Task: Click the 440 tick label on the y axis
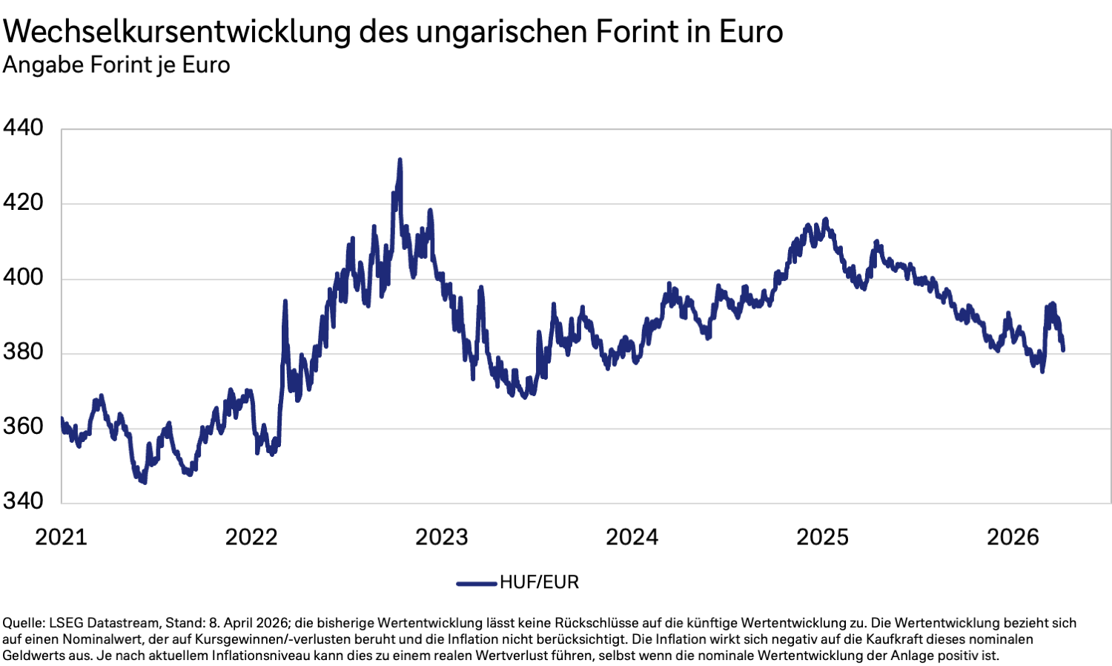point(23,128)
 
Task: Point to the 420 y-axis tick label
point(23,202)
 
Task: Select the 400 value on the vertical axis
point(23,277)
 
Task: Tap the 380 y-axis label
point(23,352)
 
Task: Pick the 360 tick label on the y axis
point(23,426)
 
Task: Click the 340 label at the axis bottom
point(23,501)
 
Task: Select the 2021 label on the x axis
point(61,537)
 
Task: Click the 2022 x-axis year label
point(251,537)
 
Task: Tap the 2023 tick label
point(442,537)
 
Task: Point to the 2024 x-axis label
point(632,537)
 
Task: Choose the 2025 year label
point(822,537)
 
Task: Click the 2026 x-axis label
point(1013,537)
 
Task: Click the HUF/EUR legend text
point(539,582)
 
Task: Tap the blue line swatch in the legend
point(476,583)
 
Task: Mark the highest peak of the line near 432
point(400,159)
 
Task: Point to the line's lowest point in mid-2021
point(144,482)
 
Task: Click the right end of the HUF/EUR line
point(1063,349)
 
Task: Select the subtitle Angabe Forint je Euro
point(116,65)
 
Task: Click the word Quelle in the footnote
point(21,623)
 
